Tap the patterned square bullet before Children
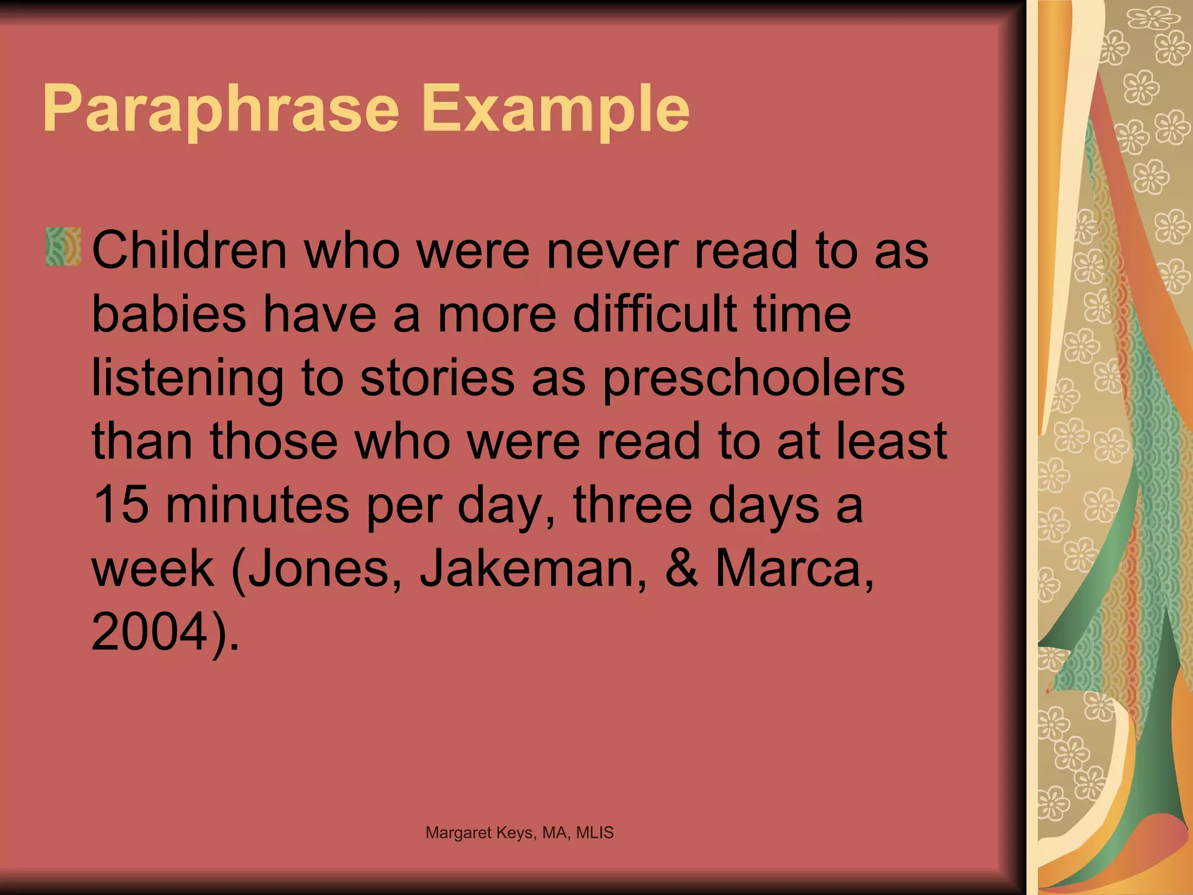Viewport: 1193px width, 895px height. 63,247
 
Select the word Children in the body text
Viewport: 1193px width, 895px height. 189,251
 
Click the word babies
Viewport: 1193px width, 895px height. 169,314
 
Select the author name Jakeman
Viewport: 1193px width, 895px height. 533,569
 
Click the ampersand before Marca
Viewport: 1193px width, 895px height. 681,569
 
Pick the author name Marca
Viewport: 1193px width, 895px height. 789,569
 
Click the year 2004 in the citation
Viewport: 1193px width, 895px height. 149,632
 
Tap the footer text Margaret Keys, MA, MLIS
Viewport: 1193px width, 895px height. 520,833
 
